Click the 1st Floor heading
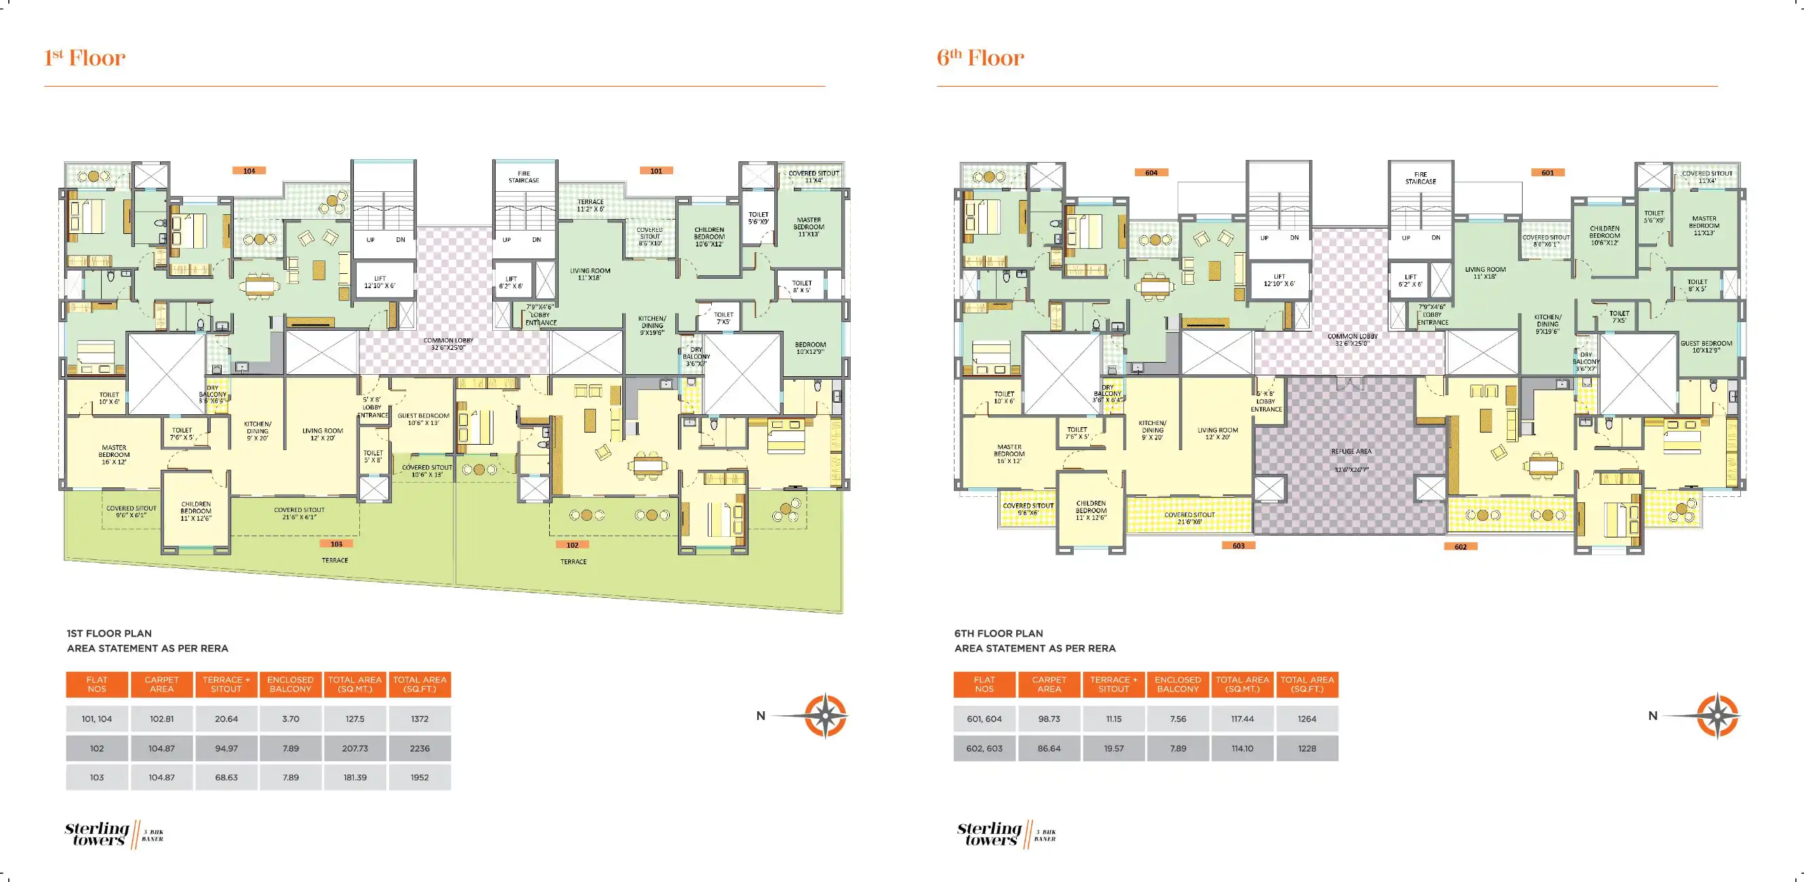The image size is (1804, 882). click(85, 58)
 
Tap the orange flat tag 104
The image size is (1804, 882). click(249, 170)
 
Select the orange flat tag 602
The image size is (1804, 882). click(1460, 546)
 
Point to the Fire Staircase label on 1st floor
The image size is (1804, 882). click(524, 177)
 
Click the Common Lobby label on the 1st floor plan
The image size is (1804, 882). click(448, 344)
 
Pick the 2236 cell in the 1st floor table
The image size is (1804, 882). click(420, 748)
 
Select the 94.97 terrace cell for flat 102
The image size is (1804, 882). click(226, 748)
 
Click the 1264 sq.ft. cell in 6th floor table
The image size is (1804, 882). click(1307, 719)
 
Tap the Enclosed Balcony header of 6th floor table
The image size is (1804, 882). click(1178, 685)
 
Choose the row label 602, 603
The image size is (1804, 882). click(984, 748)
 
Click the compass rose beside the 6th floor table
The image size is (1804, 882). click(1717, 716)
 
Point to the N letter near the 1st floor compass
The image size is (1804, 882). click(761, 716)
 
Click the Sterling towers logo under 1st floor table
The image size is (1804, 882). click(98, 834)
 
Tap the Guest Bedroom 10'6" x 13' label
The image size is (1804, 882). click(424, 419)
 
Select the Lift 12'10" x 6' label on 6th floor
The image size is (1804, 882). click(1279, 280)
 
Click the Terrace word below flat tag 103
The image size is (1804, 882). click(335, 561)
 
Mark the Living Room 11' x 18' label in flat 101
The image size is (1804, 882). click(590, 274)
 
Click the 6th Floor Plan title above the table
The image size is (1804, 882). click(998, 633)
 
